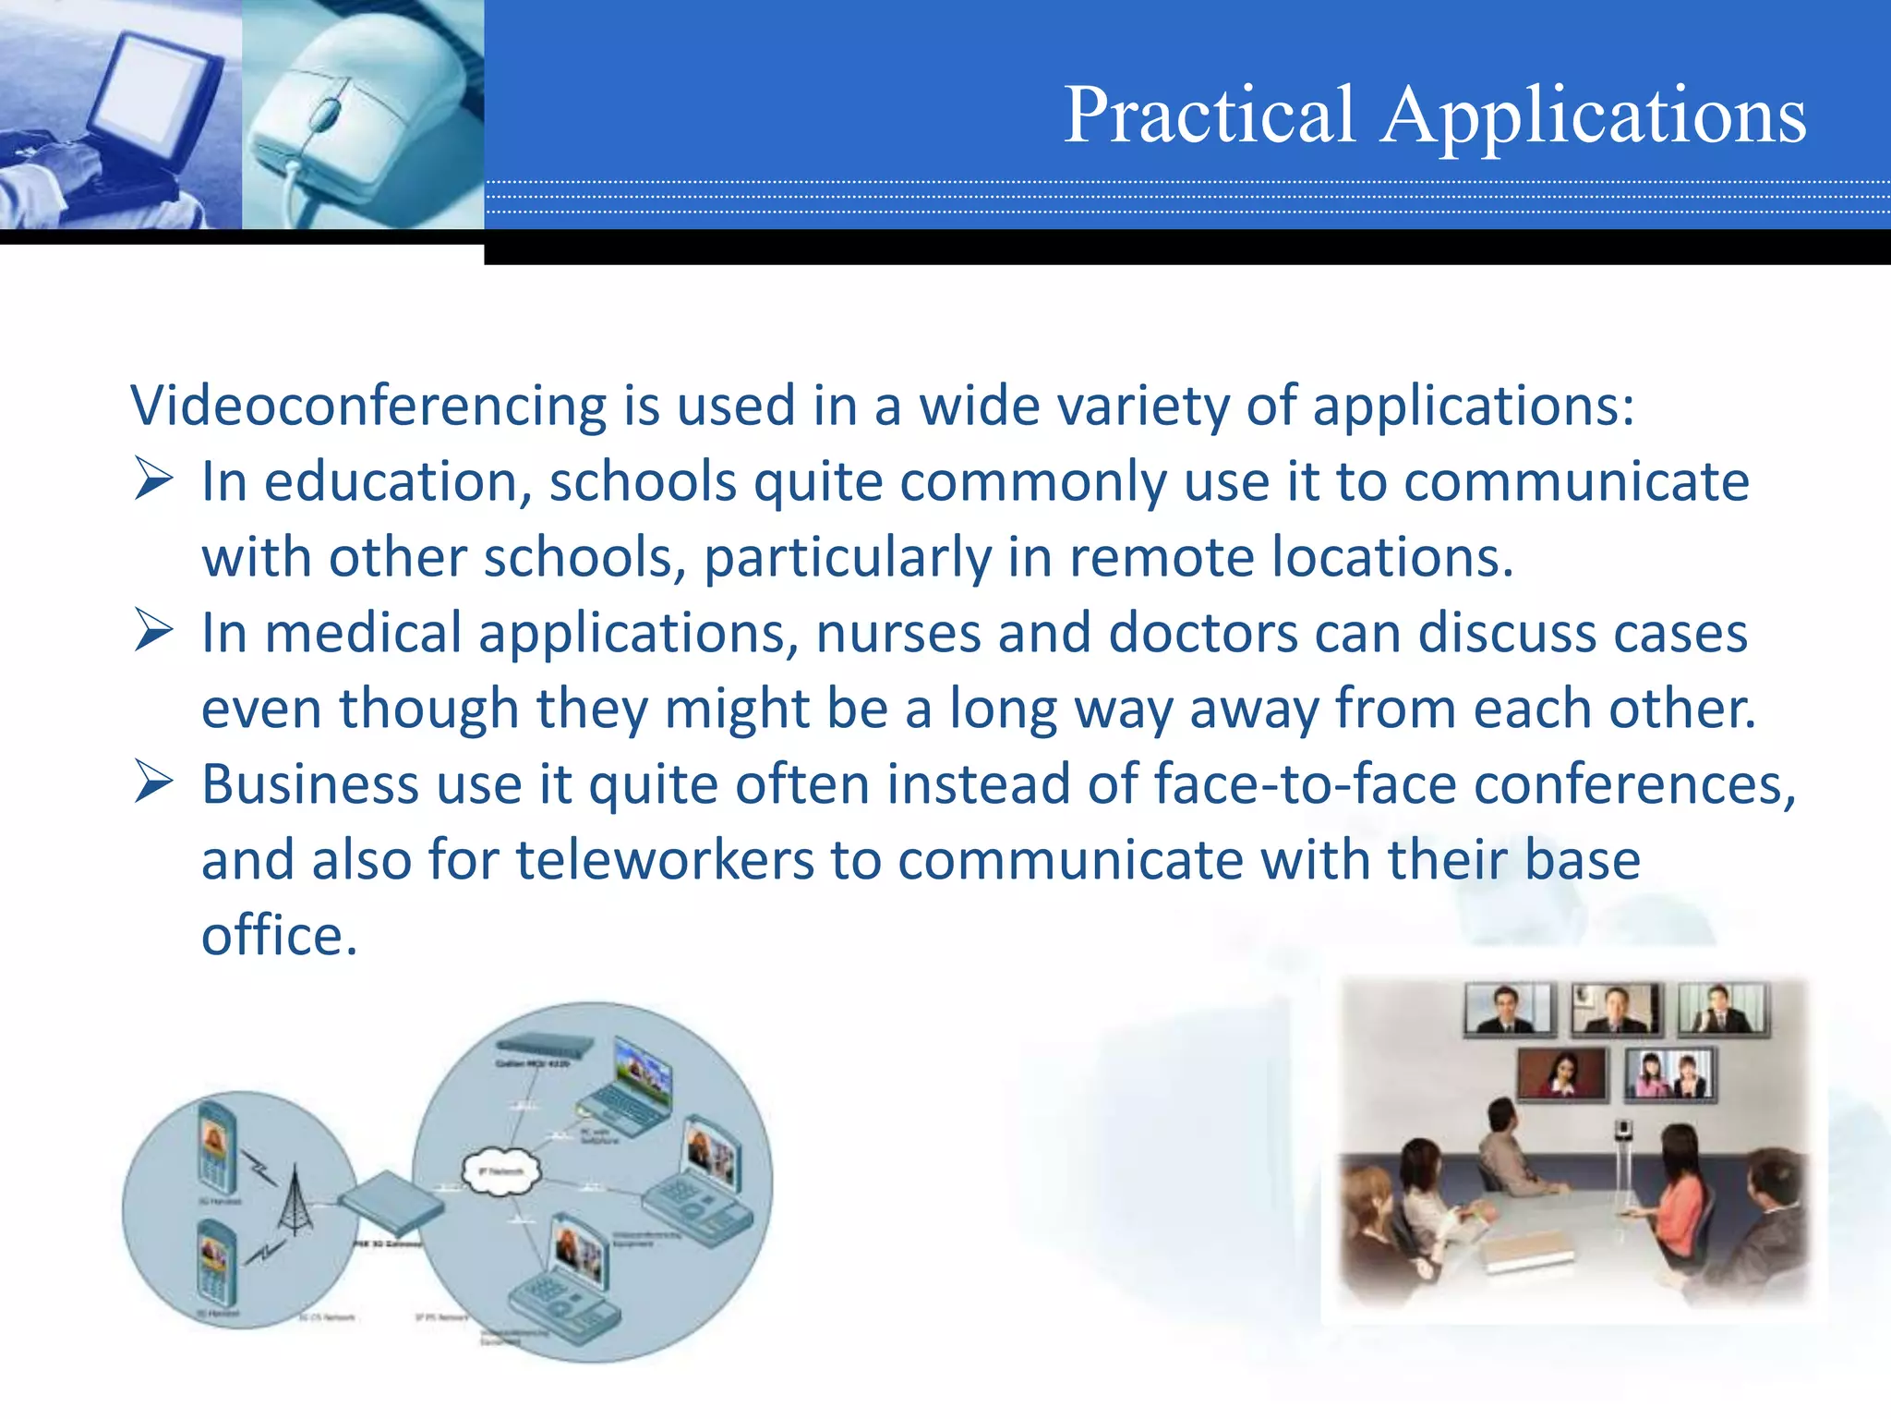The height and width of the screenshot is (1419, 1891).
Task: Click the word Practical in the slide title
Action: click(x=1209, y=115)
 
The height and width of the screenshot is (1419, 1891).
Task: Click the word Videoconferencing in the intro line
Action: click(x=367, y=406)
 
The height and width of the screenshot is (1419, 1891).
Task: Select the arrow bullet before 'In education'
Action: click(x=153, y=479)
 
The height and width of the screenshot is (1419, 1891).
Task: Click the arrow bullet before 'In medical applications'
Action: click(x=153, y=630)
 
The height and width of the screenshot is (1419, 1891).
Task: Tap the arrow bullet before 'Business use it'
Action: click(x=153, y=782)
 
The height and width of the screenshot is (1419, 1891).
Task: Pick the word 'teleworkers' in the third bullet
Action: click(x=664, y=861)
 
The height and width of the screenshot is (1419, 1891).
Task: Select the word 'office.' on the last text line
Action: click(x=279, y=937)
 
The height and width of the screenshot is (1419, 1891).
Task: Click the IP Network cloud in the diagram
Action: click(x=500, y=1171)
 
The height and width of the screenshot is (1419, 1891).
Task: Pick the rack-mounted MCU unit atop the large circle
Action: click(x=544, y=1047)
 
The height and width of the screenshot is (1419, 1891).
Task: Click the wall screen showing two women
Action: click(x=1670, y=1074)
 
